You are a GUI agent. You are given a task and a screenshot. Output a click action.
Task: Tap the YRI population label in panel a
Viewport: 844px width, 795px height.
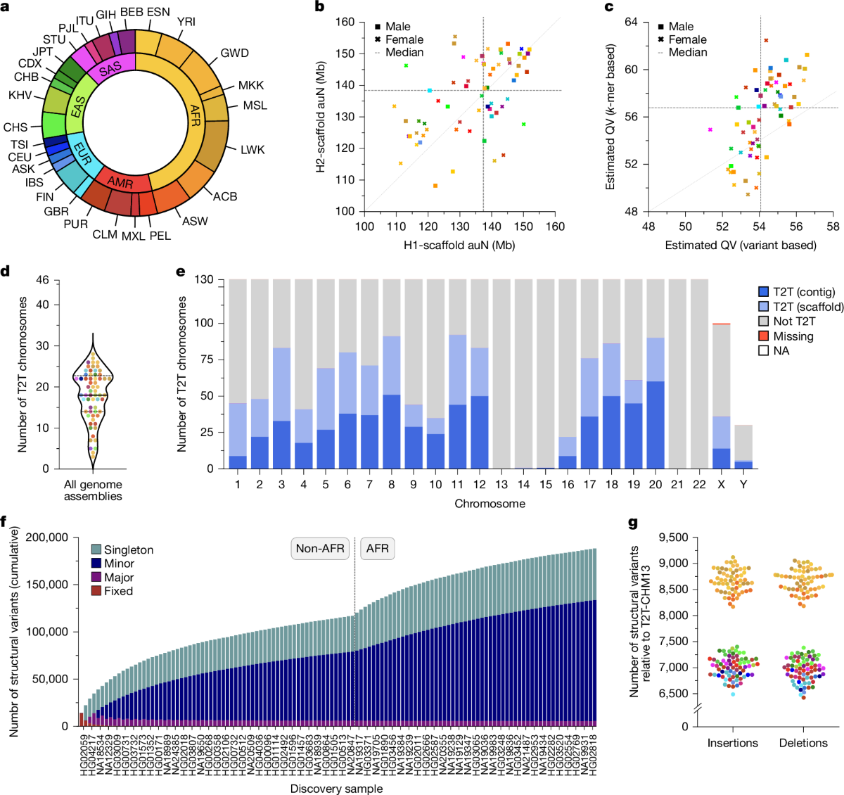(x=186, y=22)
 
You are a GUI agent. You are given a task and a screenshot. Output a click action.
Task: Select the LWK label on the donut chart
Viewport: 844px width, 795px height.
(x=252, y=150)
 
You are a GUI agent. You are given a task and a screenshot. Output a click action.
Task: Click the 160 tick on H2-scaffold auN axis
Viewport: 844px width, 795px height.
(x=345, y=22)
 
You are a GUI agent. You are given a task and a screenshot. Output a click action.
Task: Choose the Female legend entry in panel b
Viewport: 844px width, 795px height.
(x=403, y=39)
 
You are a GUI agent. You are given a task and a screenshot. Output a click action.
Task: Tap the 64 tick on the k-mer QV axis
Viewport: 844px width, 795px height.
(x=631, y=23)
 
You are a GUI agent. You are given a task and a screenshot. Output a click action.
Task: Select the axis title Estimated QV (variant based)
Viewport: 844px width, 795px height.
(x=741, y=245)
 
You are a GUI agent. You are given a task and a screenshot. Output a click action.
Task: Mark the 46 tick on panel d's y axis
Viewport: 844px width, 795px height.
(x=43, y=280)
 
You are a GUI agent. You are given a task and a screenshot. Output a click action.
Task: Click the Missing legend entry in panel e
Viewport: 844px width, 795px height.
(x=793, y=336)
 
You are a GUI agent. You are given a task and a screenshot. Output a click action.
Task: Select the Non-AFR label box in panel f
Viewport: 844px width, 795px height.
(x=320, y=548)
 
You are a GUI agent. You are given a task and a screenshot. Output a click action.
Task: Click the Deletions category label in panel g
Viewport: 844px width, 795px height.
(x=803, y=743)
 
